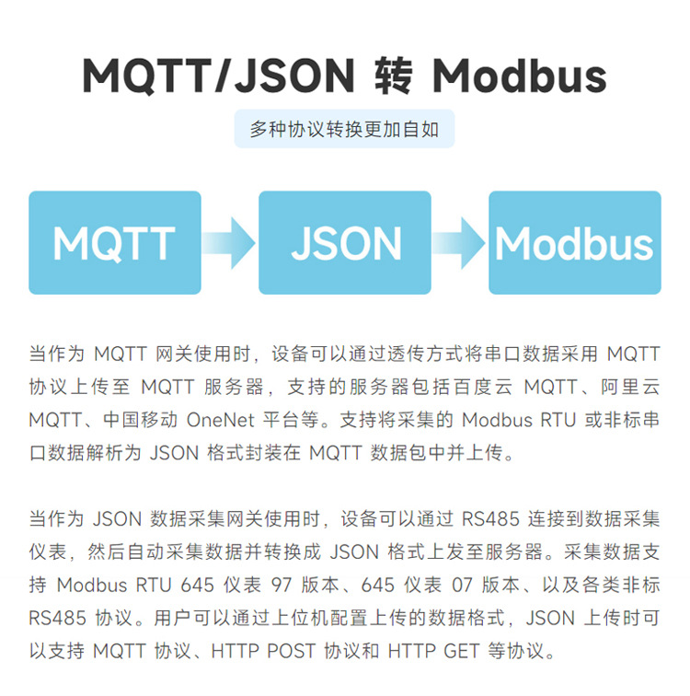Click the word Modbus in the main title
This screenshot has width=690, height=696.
(520, 76)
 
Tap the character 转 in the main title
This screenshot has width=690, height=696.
(397, 76)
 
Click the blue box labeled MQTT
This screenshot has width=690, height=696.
(114, 243)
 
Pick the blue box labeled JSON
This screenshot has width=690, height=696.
(345, 243)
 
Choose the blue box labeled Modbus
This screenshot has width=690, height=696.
(574, 243)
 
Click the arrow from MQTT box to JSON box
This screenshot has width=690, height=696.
(229, 243)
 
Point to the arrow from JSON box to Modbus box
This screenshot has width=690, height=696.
(459, 243)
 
